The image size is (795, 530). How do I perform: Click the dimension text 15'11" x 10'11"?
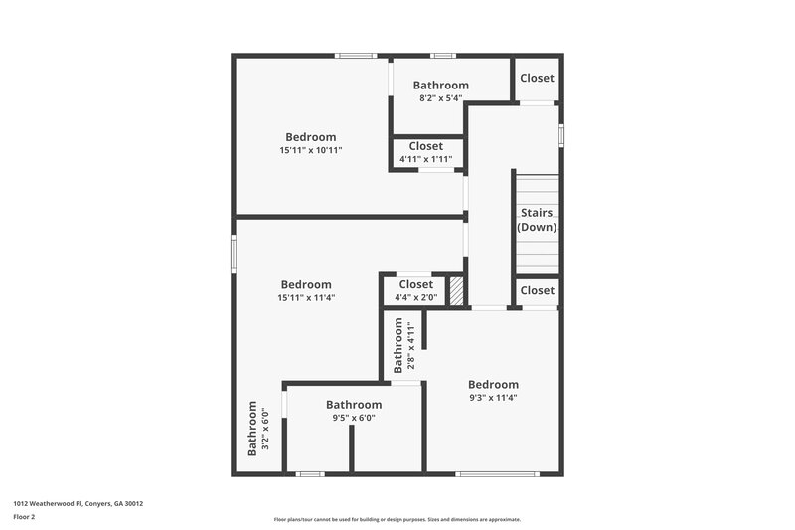click(x=310, y=150)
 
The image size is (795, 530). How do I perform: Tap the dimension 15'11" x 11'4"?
click(x=306, y=297)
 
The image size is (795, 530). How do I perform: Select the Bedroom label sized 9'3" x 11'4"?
click(x=493, y=385)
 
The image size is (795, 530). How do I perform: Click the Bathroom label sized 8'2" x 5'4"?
click(x=441, y=86)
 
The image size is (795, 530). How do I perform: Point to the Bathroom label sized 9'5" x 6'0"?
click(x=354, y=405)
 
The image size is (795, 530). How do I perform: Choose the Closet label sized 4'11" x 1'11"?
click(x=425, y=146)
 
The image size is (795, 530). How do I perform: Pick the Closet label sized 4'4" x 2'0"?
click(x=414, y=285)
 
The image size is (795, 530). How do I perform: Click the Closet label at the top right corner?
click(x=537, y=78)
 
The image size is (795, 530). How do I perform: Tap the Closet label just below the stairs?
click(x=537, y=290)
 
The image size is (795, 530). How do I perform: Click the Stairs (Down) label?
click(x=537, y=220)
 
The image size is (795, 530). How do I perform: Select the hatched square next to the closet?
click(x=456, y=291)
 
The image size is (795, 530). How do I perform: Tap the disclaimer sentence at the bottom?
click(x=397, y=519)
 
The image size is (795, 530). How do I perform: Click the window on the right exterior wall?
click(x=561, y=134)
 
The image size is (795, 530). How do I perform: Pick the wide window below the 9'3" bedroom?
click(x=490, y=474)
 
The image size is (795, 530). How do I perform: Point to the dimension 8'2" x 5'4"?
click(x=441, y=98)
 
